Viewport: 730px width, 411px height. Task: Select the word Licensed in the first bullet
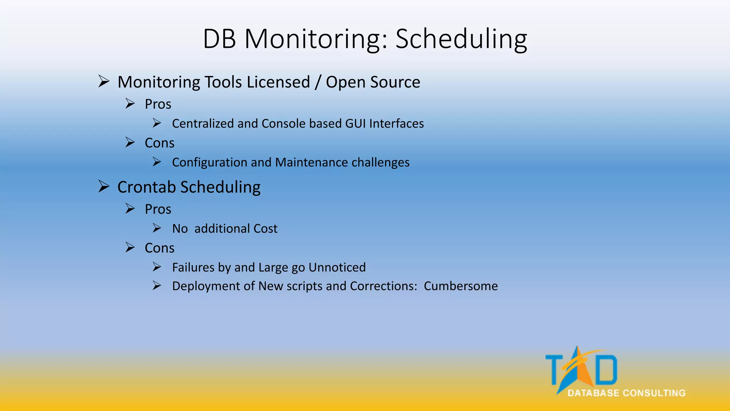278,82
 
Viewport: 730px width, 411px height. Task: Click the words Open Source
373,82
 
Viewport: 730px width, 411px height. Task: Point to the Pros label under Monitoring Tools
158,104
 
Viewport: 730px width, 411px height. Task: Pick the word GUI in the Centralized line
356,123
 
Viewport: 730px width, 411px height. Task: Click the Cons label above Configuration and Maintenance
159,143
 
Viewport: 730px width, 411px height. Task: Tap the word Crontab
146,187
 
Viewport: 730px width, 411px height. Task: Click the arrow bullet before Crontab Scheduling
104,186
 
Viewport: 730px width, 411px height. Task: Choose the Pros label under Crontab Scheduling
158,209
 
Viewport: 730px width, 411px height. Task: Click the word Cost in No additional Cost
265,229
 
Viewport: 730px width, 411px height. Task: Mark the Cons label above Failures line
159,248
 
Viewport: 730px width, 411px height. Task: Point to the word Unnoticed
337,268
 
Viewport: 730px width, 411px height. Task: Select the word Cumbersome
461,286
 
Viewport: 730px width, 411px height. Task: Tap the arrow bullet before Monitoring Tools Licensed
104,81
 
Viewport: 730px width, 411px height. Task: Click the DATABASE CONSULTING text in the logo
626,393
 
